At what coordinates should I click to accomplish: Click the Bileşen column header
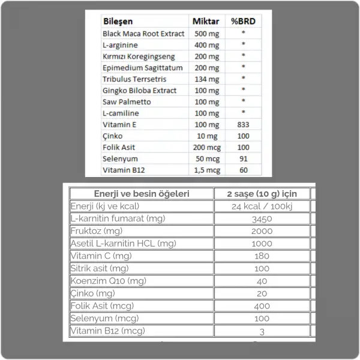[x=119, y=21]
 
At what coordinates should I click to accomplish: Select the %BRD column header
[x=243, y=21]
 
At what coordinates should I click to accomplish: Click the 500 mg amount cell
[x=206, y=34]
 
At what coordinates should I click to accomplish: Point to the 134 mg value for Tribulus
[x=206, y=79]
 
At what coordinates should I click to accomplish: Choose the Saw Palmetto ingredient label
[x=127, y=102]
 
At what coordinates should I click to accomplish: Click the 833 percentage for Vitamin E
[x=243, y=125]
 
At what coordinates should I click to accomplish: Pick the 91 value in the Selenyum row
[x=243, y=159]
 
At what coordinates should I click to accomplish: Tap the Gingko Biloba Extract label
[x=140, y=91]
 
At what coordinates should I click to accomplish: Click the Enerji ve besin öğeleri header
[x=142, y=193]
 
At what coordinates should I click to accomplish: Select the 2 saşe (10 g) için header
[x=262, y=193]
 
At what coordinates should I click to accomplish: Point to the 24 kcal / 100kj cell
[x=262, y=206]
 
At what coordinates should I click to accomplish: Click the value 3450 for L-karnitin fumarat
[x=262, y=219]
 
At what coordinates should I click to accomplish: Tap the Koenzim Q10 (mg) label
[x=108, y=281]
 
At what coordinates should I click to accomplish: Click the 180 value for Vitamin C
[x=262, y=256]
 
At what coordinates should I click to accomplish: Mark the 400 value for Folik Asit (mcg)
[x=262, y=306]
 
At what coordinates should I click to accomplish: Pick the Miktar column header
[x=205, y=21]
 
